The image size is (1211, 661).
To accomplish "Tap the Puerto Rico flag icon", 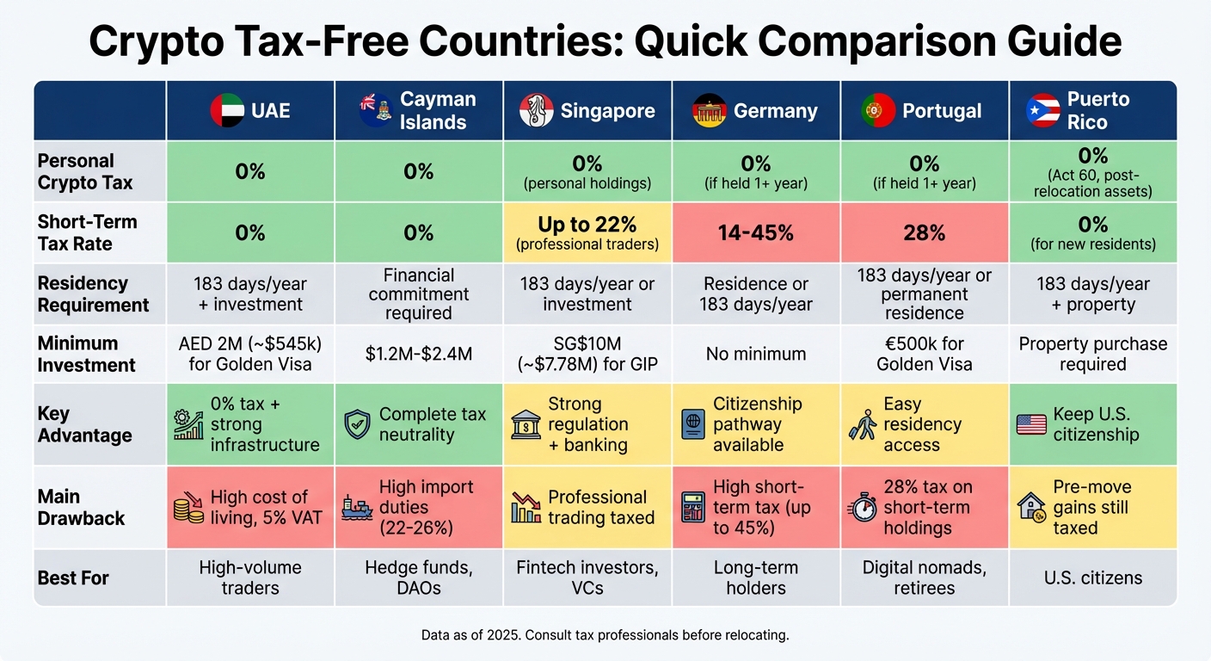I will (x=1043, y=111).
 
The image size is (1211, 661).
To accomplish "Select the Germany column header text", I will (x=775, y=111).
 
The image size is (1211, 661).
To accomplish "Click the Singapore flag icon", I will (x=537, y=111).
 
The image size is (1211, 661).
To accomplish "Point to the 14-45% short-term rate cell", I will (x=755, y=232).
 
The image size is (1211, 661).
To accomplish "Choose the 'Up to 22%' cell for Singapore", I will (x=587, y=232).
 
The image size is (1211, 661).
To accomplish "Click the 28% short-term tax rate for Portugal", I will (x=924, y=232).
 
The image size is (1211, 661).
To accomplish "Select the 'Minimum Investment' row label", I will (x=86, y=354).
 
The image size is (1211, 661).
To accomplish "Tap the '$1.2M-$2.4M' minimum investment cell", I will (x=418, y=354).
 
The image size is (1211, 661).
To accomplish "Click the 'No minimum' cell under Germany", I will (x=755, y=354).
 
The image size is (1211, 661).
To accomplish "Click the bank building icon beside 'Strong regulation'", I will (x=525, y=424).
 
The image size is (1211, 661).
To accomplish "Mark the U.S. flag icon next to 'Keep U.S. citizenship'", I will (x=1031, y=424).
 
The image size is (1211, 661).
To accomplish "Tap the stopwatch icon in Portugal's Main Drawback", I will (x=863, y=508).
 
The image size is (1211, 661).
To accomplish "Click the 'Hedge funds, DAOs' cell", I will (x=418, y=578).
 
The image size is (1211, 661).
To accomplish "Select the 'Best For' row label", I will (x=73, y=578).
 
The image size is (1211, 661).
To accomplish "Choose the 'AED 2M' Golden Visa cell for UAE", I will (x=250, y=354).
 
